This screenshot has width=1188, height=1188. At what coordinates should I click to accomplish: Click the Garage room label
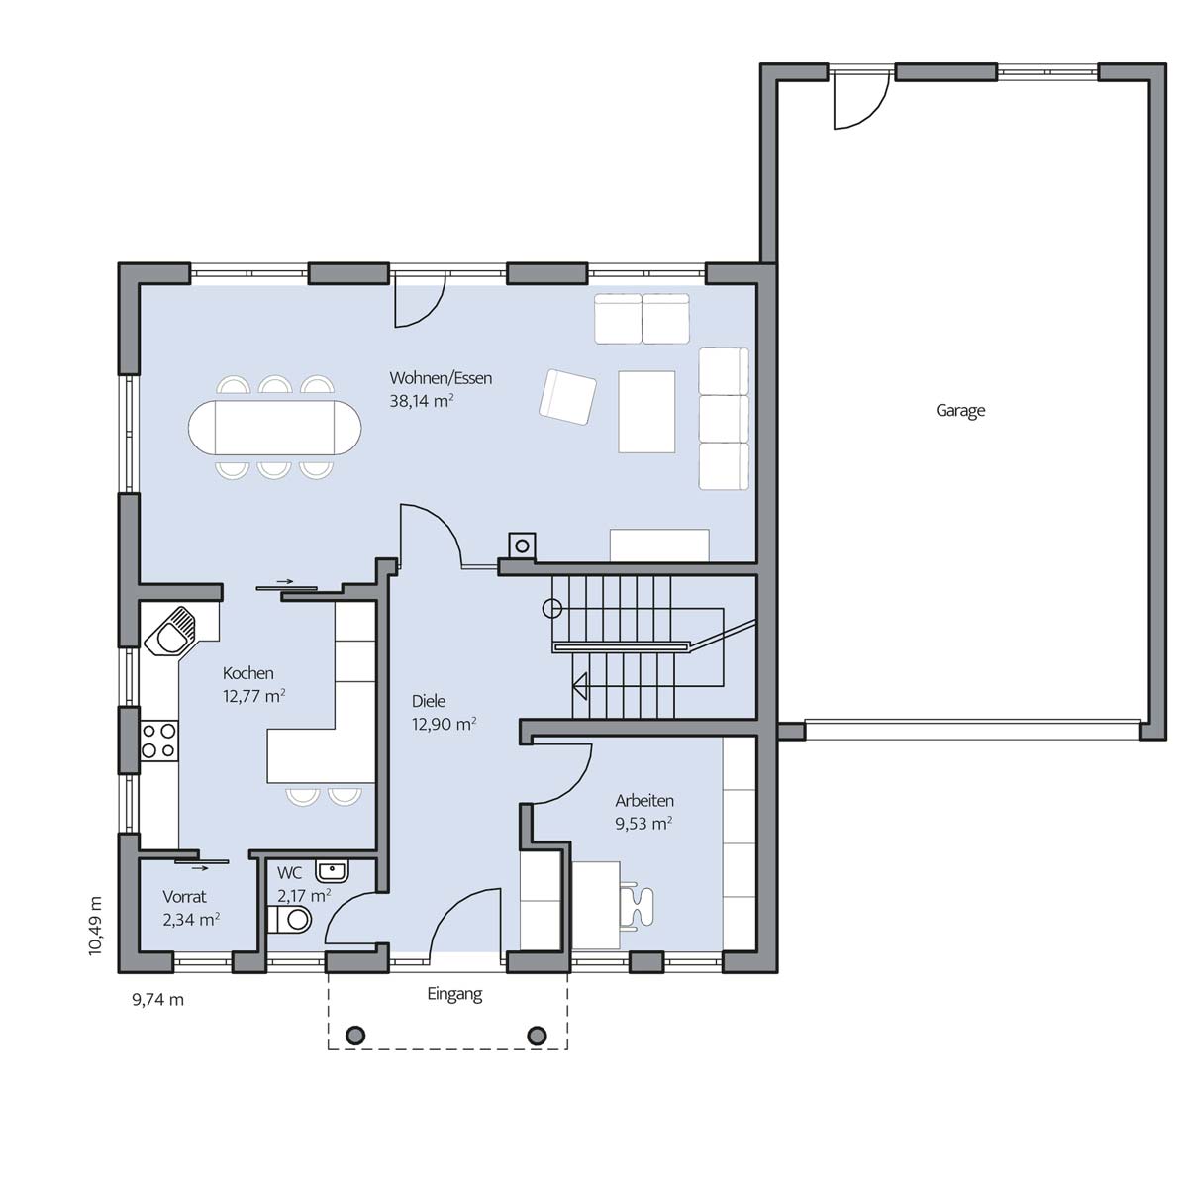[960, 411]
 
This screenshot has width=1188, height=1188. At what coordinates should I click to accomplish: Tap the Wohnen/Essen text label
[441, 378]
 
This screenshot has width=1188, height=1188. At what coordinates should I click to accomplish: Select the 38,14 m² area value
[422, 401]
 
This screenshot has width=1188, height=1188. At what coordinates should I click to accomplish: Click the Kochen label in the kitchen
[247, 673]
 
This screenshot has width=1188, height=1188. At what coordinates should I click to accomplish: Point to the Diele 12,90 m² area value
[444, 725]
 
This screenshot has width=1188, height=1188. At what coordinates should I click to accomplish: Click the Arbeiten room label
[644, 801]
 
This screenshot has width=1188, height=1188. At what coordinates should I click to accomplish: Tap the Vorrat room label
[184, 896]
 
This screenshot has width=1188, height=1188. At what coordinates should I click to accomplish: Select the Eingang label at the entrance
[454, 994]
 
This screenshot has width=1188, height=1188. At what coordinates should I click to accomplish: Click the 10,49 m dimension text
[95, 926]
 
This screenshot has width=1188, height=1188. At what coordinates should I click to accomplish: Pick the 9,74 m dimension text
[157, 1000]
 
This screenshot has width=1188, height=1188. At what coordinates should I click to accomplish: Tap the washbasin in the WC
[333, 871]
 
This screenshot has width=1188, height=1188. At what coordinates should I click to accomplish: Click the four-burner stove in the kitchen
[159, 741]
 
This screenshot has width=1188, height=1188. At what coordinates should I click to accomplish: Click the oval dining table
[275, 428]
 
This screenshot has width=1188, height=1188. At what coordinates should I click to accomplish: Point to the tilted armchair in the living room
[568, 397]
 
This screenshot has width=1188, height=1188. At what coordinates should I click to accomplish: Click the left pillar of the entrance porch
[355, 1036]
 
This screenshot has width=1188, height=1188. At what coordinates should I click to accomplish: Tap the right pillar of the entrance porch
[537, 1036]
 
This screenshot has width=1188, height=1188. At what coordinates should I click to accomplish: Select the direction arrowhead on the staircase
[579, 685]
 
